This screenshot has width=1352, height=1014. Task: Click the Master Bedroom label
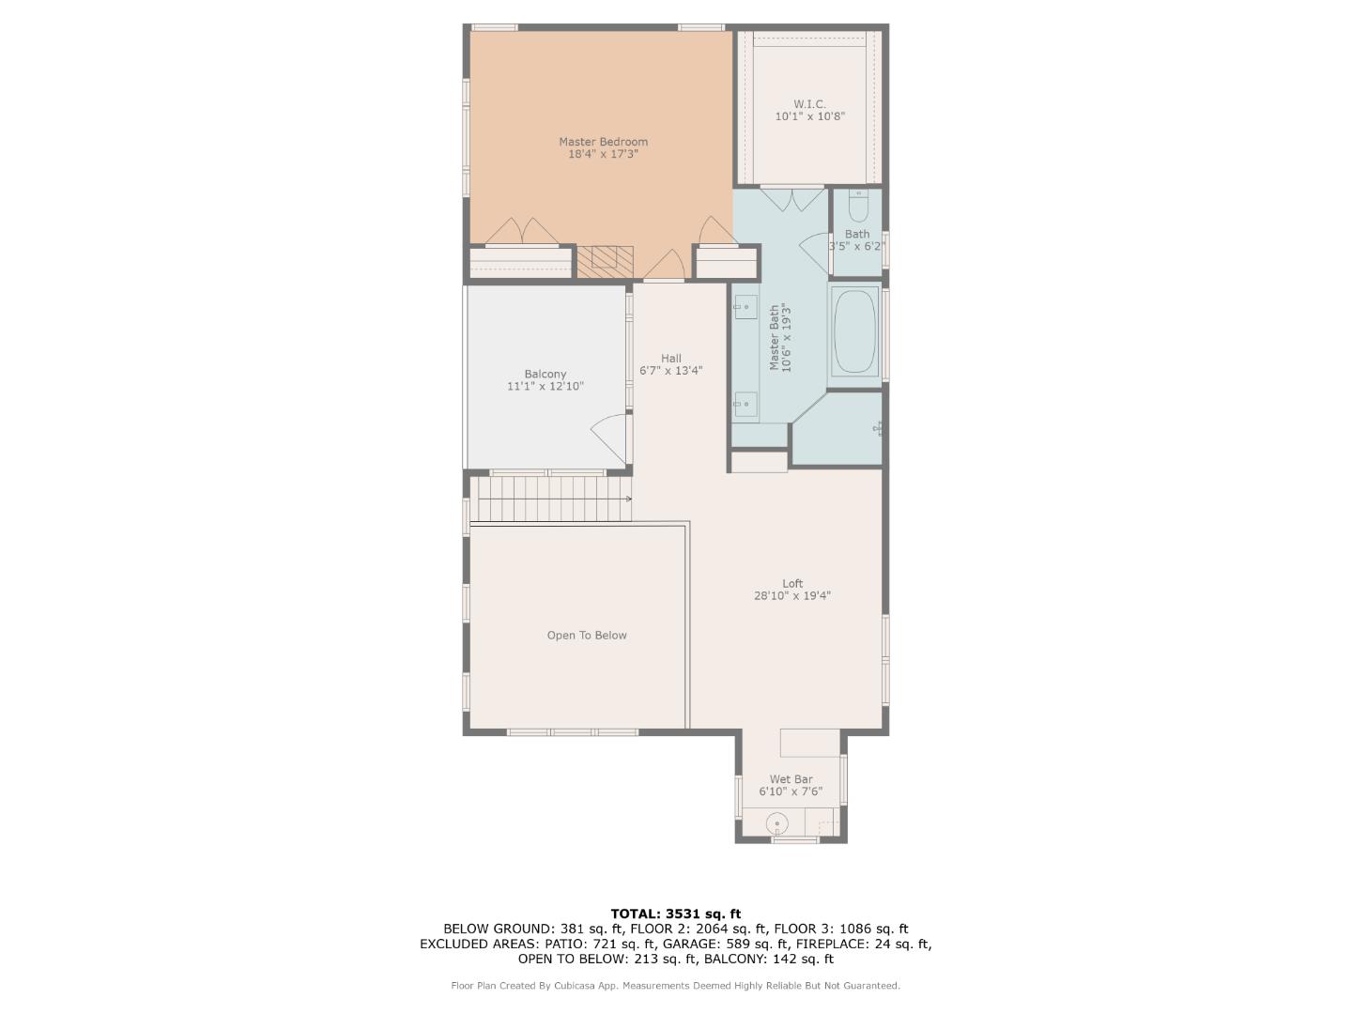(603, 142)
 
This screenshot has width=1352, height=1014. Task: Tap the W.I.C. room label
(809, 104)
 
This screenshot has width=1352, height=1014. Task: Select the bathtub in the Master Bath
(854, 331)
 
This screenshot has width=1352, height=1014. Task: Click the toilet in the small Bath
(858, 206)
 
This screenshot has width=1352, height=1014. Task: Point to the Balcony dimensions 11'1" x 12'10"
(545, 386)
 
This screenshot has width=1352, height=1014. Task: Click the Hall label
(670, 359)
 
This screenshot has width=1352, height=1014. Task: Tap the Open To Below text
(587, 636)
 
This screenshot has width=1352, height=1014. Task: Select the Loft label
(792, 583)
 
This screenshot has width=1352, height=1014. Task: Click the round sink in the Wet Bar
(777, 823)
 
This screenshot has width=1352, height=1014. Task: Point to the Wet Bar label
(791, 779)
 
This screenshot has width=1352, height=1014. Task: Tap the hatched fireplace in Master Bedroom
(605, 262)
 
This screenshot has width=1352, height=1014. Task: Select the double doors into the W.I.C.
(792, 199)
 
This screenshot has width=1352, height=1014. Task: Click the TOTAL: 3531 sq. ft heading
(676, 914)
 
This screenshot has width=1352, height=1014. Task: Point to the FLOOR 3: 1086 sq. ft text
(840, 929)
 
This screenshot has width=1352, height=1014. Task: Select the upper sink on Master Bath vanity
(745, 307)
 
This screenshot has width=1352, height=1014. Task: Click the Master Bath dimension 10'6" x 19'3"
(786, 337)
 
